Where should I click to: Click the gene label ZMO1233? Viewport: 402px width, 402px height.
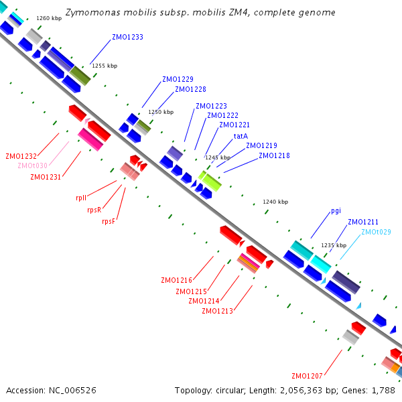(127, 38)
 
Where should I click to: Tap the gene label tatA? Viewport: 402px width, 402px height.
(241, 136)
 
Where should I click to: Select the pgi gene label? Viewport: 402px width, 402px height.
(336, 210)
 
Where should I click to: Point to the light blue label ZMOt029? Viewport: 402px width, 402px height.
(376, 232)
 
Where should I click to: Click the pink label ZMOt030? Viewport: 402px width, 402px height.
(32, 165)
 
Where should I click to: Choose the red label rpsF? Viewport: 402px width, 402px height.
(109, 221)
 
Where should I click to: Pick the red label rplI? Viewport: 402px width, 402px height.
(80, 198)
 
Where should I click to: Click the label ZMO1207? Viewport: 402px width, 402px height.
(307, 375)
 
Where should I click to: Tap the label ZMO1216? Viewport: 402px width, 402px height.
(176, 280)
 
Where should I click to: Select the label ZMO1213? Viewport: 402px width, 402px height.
(217, 311)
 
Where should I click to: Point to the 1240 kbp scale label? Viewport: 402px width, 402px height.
(275, 202)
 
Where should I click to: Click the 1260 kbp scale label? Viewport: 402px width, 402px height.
(49, 19)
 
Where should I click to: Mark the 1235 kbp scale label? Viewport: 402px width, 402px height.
(334, 245)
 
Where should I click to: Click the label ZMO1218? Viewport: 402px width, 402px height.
(274, 155)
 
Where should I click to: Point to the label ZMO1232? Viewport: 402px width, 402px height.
(21, 155)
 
